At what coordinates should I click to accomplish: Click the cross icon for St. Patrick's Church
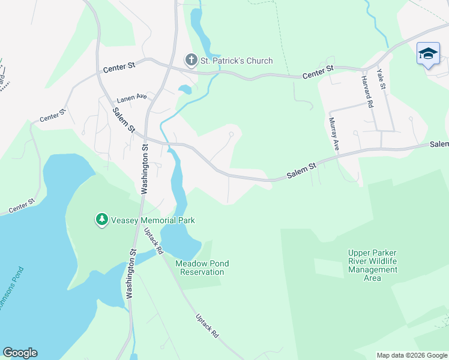pyautogui.click(x=190, y=60)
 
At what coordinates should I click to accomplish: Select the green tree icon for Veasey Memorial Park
pyautogui.click(x=102, y=220)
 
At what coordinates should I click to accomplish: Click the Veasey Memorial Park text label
pyautogui.click(x=153, y=220)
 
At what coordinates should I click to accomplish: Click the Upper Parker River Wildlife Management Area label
pyautogui.click(x=373, y=265)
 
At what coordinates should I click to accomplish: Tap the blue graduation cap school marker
pyautogui.click(x=428, y=54)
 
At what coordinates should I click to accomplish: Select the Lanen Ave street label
pyautogui.click(x=132, y=97)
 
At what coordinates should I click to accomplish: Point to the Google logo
pyautogui.click(x=20, y=353)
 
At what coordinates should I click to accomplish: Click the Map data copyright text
pyautogui.click(x=411, y=355)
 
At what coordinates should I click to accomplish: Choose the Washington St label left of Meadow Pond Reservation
pyautogui.click(x=130, y=274)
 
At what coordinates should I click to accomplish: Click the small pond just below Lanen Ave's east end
pyautogui.click(x=185, y=90)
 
